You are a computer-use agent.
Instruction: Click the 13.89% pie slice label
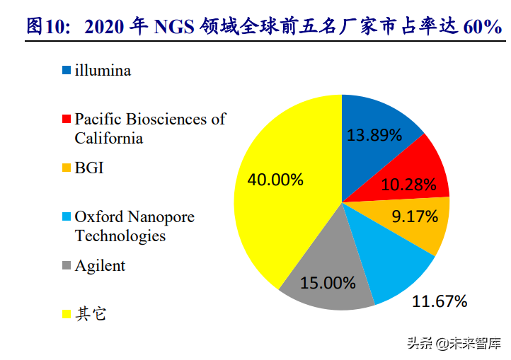pyautogui.click(x=374, y=134)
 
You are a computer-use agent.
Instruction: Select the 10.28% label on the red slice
pyautogui.click(x=408, y=185)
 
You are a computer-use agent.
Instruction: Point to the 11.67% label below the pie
pyautogui.click(x=440, y=302)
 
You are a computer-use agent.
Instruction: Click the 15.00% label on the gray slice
pyautogui.click(x=328, y=283)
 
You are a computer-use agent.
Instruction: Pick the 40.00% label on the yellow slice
pyautogui.click(x=275, y=179)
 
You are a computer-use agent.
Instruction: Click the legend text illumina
pyautogui.click(x=103, y=70)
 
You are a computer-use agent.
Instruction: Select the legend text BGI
pyautogui.click(x=89, y=168)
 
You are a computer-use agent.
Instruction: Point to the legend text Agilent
pyautogui.click(x=100, y=266)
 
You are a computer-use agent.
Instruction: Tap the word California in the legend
pyautogui.click(x=109, y=138)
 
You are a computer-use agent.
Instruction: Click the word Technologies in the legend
pyautogui.click(x=120, y=236)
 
